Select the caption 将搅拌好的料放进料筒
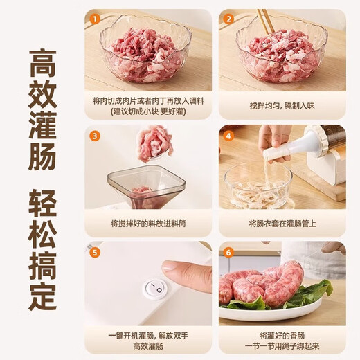pos(148,224)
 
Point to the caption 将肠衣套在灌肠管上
pos(282,224)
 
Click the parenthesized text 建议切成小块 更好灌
pos(148,111)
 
